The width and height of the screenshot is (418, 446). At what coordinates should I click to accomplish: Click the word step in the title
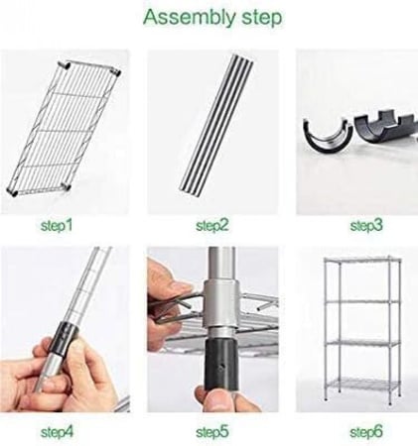coord(262,18)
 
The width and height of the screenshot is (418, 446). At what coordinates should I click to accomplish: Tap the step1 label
coord(57,226)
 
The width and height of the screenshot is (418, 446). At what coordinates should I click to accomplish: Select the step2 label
coord(212,226)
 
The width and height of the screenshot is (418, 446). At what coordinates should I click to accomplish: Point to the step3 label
coord(366,226)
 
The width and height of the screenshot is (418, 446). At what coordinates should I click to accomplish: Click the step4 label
coord(57,432)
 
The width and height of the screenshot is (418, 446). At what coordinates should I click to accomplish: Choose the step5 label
coord(212,432)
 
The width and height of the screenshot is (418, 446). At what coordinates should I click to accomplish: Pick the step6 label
coord(366,432)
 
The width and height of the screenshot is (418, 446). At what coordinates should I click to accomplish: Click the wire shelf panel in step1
coord(64,129)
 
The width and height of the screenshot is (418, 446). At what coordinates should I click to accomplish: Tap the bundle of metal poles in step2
coord(217,123)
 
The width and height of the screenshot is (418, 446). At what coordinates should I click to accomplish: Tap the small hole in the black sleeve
coord(222,366)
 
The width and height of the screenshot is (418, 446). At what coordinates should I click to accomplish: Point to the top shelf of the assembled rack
coord(362,261)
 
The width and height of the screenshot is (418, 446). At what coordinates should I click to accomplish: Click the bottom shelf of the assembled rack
coord(362,386)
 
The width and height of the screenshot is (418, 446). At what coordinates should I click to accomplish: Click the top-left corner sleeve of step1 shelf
coord(65,65)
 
